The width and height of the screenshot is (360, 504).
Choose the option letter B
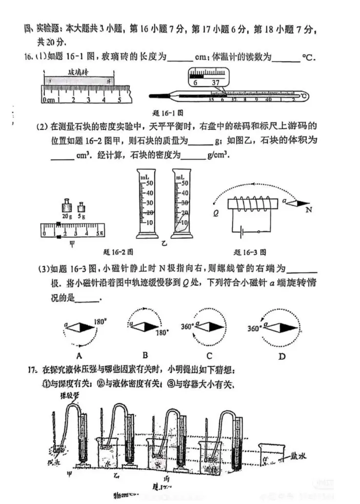tap(145, 355)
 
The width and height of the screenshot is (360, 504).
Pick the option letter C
tap(209, 355)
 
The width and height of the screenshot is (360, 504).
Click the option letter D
tap(281, 356)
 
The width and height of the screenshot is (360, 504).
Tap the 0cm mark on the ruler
tap(48, 100)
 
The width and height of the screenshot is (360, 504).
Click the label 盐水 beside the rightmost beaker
tap(298, 456)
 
